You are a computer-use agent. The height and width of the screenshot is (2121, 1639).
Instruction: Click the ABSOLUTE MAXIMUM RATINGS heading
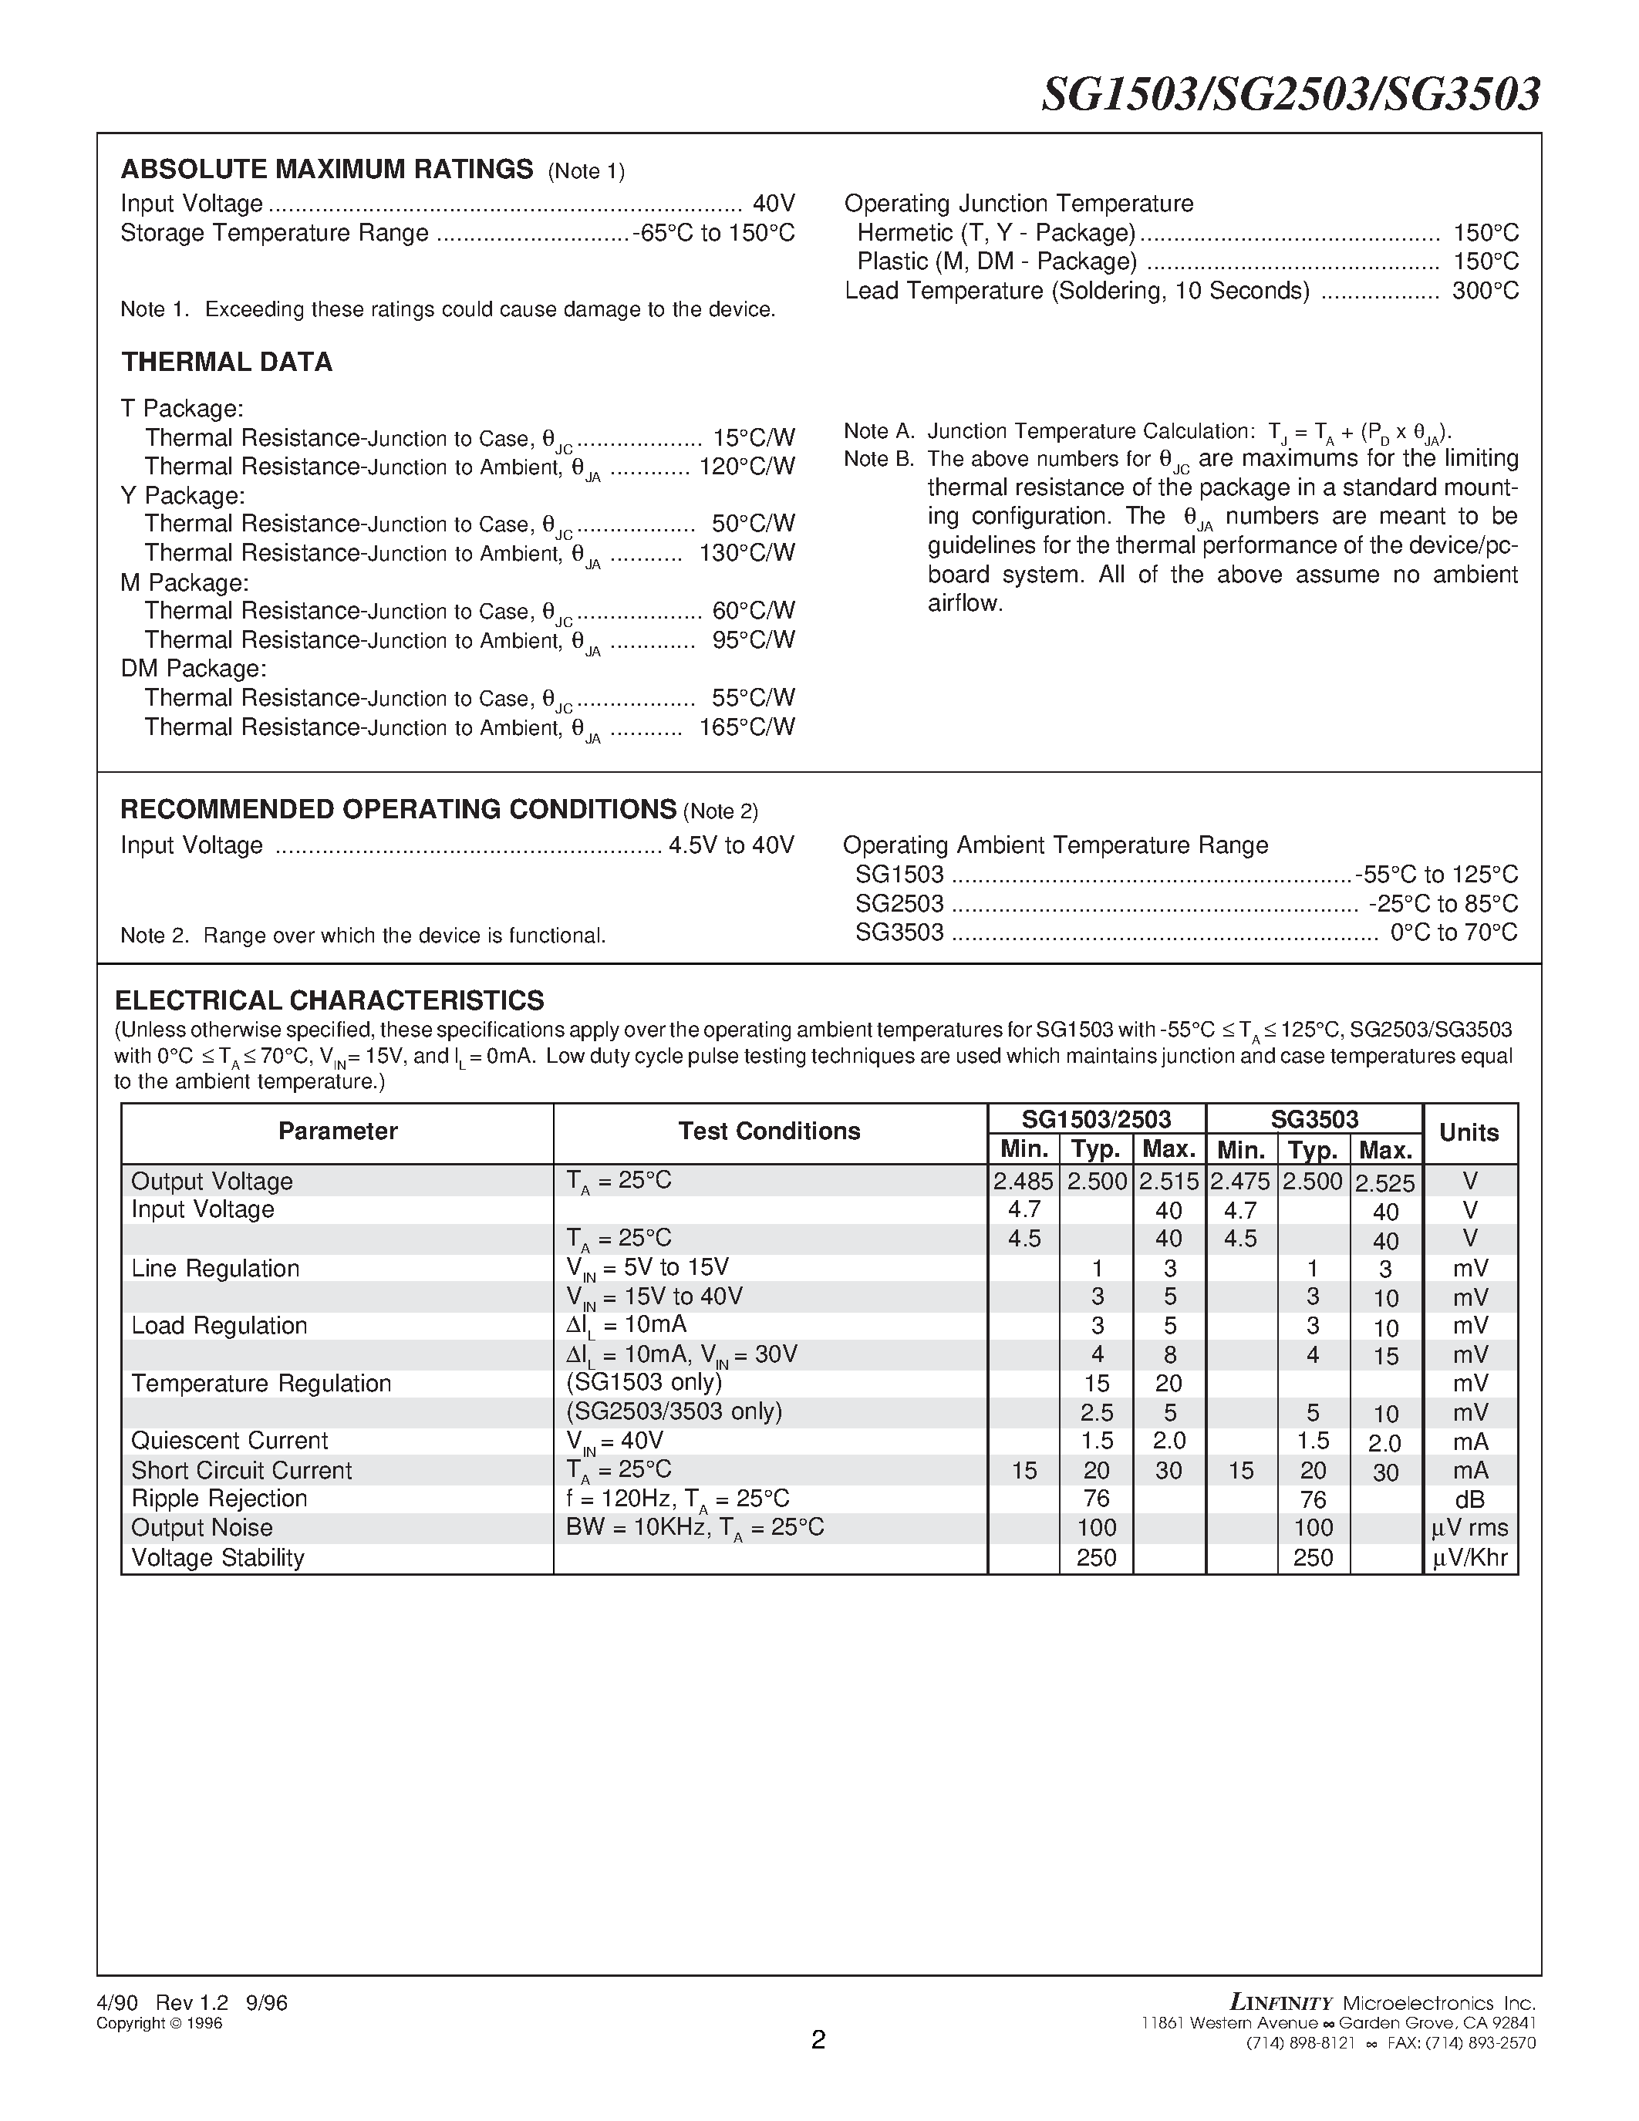(326, 169)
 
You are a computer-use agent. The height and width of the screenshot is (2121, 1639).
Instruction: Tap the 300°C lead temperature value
(1485, 292)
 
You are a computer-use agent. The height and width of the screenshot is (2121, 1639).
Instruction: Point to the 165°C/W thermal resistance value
(746, 727)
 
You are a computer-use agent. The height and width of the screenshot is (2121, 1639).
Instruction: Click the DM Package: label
(194, 669)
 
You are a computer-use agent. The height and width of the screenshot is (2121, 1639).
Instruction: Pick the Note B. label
(879, 460)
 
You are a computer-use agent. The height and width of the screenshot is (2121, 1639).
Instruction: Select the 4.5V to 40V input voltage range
(731, 846)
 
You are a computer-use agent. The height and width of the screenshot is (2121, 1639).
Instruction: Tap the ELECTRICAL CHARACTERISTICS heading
(329, 1000)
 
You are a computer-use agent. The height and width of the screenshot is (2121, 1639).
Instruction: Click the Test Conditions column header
(769, 1131)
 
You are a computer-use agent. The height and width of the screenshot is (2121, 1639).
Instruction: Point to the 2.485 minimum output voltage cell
(1024, 1182)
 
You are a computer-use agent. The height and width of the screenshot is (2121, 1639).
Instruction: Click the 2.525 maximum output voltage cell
(1384, 1184)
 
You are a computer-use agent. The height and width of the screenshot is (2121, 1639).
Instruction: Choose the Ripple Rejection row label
(220, 1499)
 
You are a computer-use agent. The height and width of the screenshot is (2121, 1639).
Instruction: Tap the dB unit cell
(1469, 1500)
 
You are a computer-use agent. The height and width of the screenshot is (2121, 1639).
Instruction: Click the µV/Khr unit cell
(1469, 1559)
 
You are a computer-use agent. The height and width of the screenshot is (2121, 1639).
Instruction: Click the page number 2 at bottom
(818, 2040)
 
